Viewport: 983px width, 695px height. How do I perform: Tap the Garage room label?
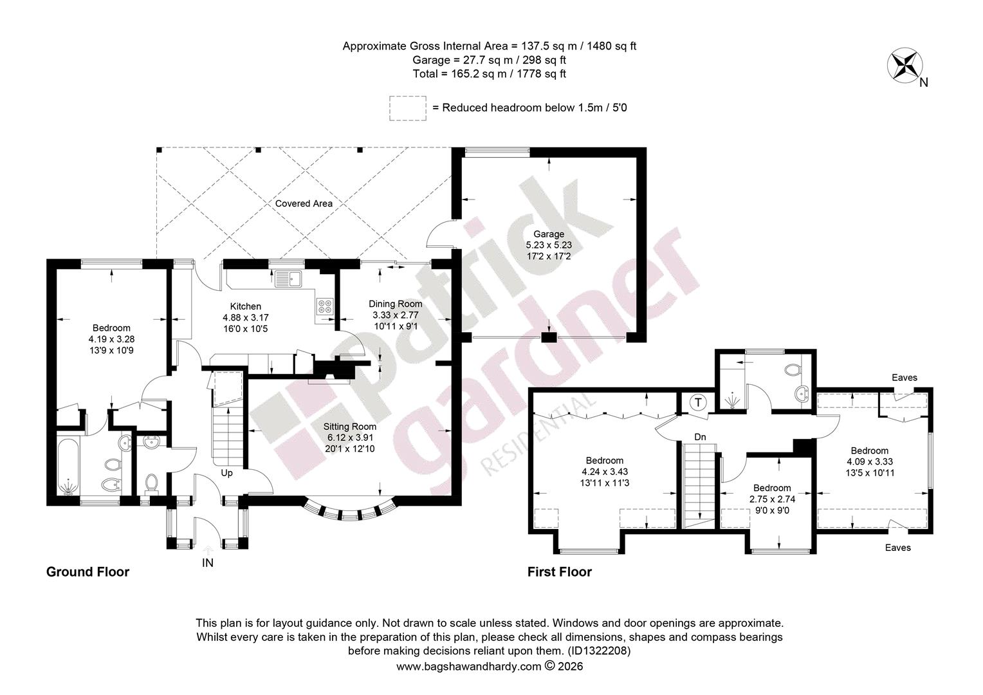549,234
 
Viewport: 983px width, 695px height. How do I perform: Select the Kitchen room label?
245,306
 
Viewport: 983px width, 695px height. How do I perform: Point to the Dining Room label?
396,304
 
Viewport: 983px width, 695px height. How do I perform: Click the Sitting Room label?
350,426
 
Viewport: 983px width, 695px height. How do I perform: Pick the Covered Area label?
304,204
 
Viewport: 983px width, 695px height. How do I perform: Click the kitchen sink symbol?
288,279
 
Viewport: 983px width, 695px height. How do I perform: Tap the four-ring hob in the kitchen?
325,306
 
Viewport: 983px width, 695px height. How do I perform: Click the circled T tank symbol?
698,402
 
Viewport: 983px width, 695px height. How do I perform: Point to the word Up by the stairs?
226,473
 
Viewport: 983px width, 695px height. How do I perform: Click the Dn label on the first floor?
700,437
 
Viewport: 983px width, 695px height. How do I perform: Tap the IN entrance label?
208,563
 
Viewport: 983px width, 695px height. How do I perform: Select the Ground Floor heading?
87,572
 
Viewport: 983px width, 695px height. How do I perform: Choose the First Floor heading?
560,572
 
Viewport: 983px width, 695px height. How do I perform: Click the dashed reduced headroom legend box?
408,109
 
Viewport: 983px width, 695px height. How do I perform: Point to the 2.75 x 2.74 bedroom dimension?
773,499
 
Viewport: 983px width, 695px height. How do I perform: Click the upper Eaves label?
905,378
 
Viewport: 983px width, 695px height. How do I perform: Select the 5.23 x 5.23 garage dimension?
549,245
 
